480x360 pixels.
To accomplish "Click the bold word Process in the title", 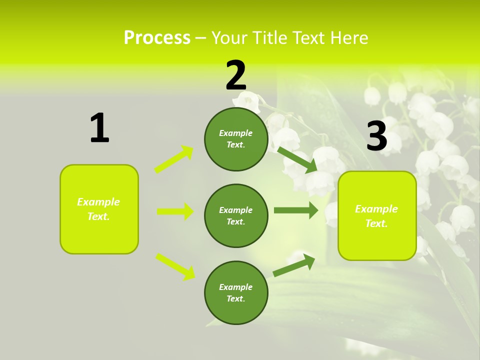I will click(x=157, y=38).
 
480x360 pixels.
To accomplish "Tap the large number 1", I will click(x=99, y=128).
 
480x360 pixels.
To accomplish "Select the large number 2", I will click(x=236, y=75).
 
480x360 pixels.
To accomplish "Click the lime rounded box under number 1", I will click(x=99, y=209).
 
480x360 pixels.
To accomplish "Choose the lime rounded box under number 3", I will click(x=377, y=215).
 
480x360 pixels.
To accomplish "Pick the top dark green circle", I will click(x=236, y=139).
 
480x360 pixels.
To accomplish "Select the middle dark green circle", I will click(x=236, y=215).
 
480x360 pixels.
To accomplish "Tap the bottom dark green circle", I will click(x=236, y=292).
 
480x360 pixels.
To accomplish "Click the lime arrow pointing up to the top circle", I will click(x=174, y=159).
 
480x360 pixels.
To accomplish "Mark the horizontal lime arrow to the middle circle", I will click(x=175, y=211).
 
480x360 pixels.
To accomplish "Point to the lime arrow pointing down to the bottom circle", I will click(x=175, y=266).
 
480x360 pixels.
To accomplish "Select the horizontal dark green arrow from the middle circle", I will click(x=296, y=210).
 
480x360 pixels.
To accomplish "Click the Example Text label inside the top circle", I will click(x=236, y=139).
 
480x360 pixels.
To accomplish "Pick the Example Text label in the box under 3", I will click(x=376, y=216).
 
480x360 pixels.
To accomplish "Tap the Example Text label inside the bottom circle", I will click(x=236, y=293).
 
